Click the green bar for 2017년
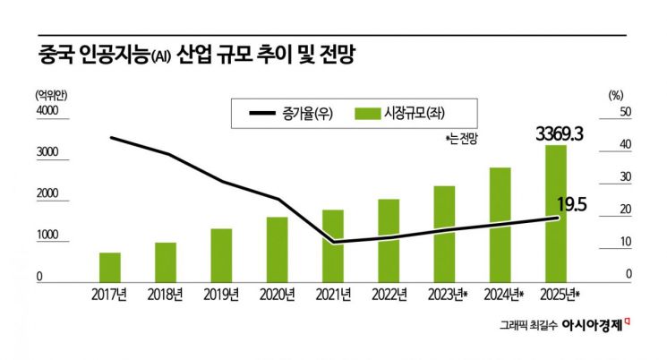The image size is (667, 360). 110,267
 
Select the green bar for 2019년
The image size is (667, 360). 221,254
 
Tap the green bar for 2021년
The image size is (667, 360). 333,245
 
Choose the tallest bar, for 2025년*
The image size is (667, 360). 556,213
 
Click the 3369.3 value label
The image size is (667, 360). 560,134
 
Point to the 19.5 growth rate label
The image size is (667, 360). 571,205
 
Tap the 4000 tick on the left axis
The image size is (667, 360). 46,111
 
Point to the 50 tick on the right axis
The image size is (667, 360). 626,111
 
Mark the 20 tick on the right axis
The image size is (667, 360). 626,210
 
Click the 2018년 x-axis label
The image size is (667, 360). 166,294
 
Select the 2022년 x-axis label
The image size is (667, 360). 389,294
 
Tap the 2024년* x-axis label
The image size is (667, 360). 503,294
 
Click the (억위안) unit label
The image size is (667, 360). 52,93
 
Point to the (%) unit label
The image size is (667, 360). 615,93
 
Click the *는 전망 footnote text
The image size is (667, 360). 463,140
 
